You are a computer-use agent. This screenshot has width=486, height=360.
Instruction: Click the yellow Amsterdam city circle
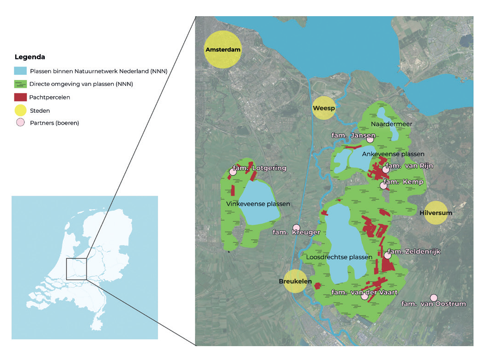pos(223,49)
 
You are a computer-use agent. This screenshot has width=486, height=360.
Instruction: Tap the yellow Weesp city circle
pos(323,109)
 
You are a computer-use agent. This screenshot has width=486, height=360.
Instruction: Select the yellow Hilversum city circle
pos(436,213)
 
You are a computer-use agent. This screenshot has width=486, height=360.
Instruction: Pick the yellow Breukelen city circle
pos(295,281)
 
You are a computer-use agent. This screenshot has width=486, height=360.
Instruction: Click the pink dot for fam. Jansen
pos(370,140)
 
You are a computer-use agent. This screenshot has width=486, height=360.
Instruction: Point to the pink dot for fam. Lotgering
pos(233,172)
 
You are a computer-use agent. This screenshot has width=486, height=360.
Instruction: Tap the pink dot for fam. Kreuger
pos(297,227)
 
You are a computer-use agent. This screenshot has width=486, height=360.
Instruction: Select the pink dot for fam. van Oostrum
pos(433,298)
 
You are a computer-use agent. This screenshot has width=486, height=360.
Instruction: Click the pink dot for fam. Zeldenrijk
pos(388,255)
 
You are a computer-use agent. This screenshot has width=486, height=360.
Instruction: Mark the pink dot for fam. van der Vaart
pos(364,296)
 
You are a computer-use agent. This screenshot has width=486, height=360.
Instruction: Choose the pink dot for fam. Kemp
pos(383,185)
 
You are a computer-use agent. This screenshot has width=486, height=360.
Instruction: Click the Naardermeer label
pos(391,124)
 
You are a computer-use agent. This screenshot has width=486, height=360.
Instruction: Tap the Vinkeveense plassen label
pos(258,204)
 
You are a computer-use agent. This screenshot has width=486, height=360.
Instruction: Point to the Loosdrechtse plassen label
pos(339,257)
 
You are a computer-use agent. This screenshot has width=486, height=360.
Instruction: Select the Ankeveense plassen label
pos(393,154)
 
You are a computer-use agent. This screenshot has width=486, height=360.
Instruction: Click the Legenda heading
pos(30,57)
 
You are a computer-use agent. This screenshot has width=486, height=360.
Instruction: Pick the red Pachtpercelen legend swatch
pos(20,97)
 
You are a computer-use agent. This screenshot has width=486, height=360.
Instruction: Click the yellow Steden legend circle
pos(20,110)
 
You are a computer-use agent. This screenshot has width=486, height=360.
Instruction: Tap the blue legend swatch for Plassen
pos(20,71)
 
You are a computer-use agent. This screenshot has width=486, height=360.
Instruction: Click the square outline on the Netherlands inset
pos(76,269)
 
